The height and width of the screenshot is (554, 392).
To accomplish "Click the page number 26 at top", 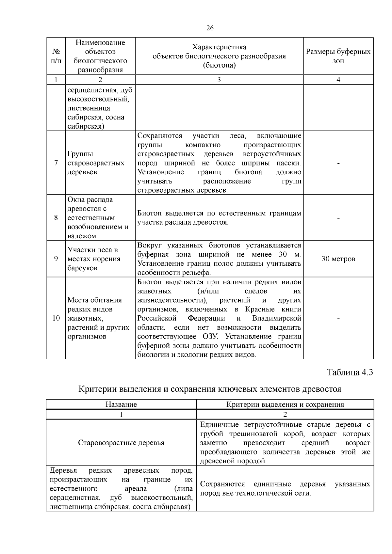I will click(210, 28).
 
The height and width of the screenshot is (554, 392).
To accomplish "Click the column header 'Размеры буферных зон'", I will click(338, 56).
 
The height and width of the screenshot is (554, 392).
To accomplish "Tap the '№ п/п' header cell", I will click(56, 56).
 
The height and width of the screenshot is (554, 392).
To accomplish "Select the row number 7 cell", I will click(56, 163).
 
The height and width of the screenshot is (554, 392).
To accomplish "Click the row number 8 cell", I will click(56, 217).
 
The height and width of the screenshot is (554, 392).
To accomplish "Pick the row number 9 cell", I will click(56, 259).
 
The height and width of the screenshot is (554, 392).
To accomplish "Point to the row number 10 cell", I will click(56, 318).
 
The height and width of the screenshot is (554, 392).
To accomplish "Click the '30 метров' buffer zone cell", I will click(338, 259).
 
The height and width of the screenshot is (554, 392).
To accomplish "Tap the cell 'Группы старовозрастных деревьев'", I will click(96, 163).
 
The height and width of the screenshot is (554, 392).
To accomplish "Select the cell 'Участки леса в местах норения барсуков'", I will click(94, 259).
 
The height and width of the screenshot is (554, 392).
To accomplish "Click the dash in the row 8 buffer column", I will click(338, 218).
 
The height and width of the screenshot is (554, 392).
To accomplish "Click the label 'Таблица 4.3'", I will click(350, 372).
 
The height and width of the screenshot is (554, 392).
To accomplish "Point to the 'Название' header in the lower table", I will click(121, 404).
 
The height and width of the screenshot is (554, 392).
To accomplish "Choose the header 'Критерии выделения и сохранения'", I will click(285, 404).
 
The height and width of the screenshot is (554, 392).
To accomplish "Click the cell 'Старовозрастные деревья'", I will click(121, 443).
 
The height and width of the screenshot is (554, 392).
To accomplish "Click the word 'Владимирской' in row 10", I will click(276, 318).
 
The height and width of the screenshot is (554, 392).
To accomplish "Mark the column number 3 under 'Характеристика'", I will click(219, 80).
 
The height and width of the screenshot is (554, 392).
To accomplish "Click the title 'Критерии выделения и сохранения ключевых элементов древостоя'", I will click(210, 389).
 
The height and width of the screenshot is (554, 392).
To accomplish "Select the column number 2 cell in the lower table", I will click(285, 414).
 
